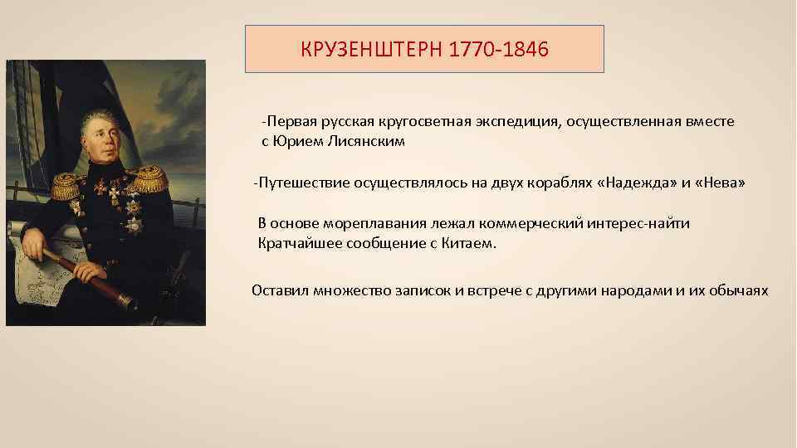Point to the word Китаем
[467, 244]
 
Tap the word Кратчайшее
[296, 244]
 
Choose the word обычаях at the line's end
[740, 290]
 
